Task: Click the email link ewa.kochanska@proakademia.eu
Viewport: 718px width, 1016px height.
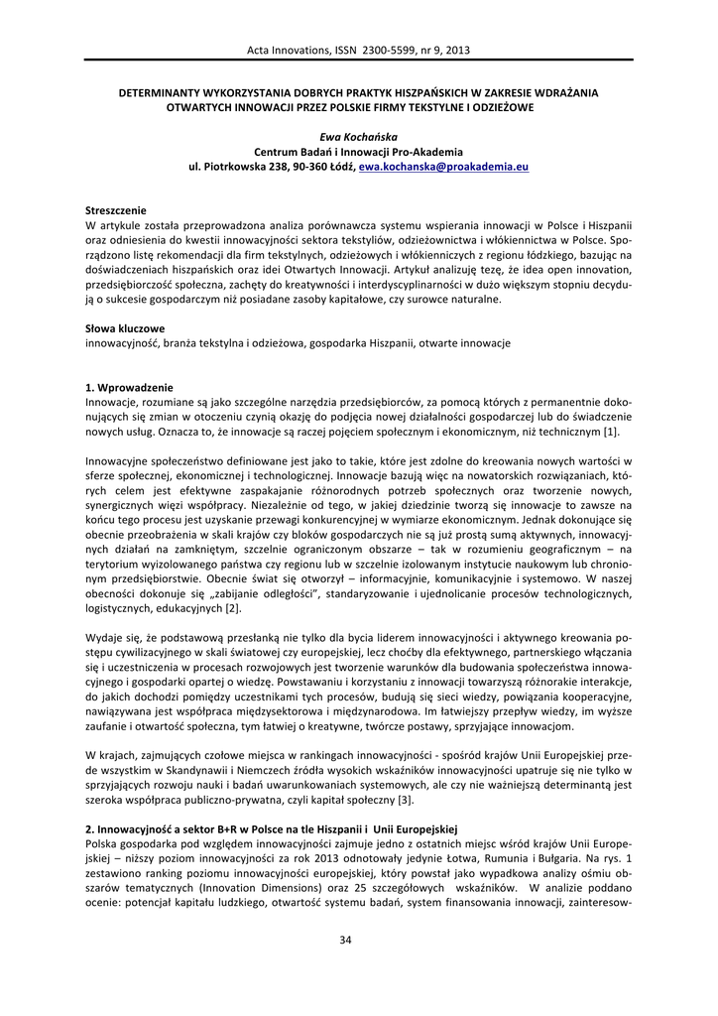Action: (x=443, y=168)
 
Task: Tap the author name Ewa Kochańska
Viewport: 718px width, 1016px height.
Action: (x=358, y=136)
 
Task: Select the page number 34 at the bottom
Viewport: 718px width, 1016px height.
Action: (x=358, y=940)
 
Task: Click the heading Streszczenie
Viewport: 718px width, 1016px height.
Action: (x=116, y=210)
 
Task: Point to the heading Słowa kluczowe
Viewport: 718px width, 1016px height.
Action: (x=125, y=326)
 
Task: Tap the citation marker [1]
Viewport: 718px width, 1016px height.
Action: (x=611, y=432)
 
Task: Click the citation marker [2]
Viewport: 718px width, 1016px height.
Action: (x=232, y=606)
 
